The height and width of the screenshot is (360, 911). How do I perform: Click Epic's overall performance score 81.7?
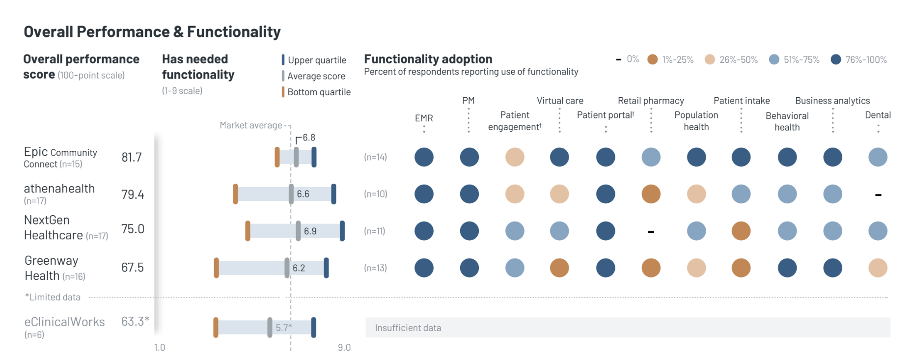pyautogui.click(x=132, y=157)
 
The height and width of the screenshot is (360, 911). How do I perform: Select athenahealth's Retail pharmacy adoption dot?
pyautogui.click(x=651, y=194)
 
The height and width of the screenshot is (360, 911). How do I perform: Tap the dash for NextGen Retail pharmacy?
pyautogui.click(x=651, y=231)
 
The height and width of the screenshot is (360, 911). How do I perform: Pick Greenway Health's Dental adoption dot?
pyautogui.click(x=878, y=268)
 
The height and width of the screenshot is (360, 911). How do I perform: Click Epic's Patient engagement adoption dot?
pyautogui.click(x=515, y=157)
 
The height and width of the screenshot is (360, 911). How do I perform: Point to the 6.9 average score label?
pyautogui.click(x=310, y=231)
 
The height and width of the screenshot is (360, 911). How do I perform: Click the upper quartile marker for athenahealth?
pyautogui.click(x=333, y=194)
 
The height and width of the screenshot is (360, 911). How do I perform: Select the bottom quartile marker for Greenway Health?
pyautogui.click(x=217, y=268)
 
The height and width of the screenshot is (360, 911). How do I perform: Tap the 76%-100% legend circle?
pyautogui.click(x=836, y=59)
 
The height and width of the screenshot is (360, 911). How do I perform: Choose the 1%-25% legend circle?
pyautogui.click(x=652, y=59)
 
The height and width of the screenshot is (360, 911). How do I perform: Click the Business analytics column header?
pyautogui.click(x=832, y=101)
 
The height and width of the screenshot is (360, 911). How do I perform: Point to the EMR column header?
pyautogui.click(x=424, y=118)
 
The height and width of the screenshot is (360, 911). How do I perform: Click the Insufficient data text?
pyautogui.click(x=408, y=328)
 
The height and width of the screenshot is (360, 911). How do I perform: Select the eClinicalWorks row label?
pyautogui.click(x=64, y=322)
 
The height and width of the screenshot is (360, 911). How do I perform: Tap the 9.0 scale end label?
pyautogui.click(x=344, y=348)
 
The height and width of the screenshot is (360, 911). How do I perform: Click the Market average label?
pyautogui.click(x=250, y=125)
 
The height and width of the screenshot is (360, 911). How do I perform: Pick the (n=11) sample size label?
pyautogui.click(x=375, y=231)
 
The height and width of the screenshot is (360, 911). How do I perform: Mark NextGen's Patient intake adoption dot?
pyautogui.click(x=741, y=231)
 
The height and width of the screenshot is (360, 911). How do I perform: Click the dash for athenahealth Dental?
pyautogui.click(x=878, y=195)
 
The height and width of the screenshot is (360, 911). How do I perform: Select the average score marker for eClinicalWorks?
pyautogui.click(x=270, y=328)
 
